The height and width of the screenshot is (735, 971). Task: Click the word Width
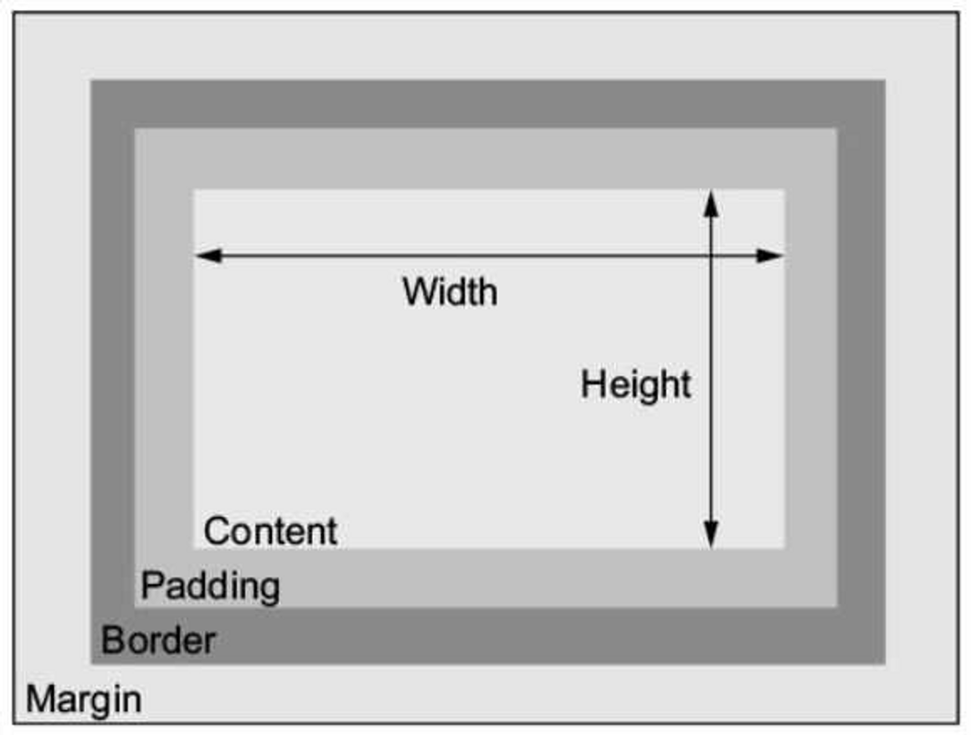pos(450,292)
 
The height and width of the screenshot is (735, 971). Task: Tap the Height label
pos(636,385)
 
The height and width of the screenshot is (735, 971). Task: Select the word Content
pos(270,532)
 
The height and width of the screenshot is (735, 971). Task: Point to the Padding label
pos(210,586)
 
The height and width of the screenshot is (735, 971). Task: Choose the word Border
pos(158,641)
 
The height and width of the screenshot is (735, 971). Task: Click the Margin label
pos(84,698)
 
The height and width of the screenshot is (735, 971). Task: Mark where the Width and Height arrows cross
pos(711,256)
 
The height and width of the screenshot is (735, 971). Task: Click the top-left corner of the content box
pos(194,190)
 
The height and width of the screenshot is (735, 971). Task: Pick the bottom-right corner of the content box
pos(784,548)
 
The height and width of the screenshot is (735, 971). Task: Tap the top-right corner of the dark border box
pos(885,81)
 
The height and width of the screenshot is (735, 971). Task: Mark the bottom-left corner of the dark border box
pos(91,663)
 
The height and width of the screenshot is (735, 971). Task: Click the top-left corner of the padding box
pos(136,129)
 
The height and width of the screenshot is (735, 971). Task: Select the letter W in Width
pos(419,292)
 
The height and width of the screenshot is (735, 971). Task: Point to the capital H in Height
pos(591,385)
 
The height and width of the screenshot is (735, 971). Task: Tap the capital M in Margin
pos(39,698)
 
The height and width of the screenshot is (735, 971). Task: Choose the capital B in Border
pos(111,641)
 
